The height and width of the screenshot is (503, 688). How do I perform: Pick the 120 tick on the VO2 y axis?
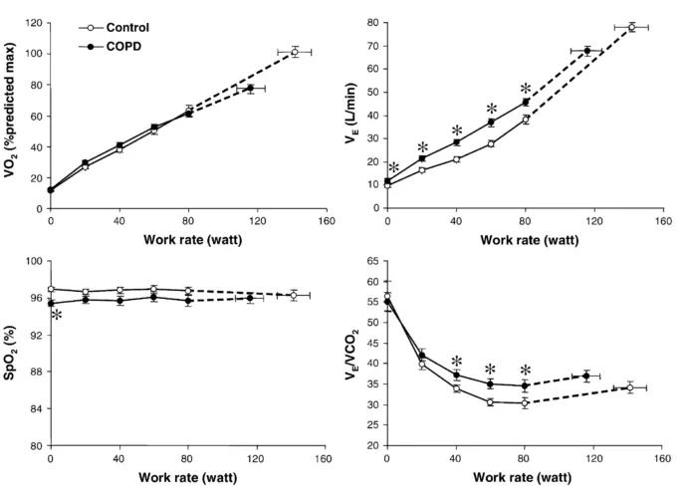click(32, 22)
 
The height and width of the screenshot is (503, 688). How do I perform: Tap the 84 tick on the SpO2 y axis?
click(36, 408)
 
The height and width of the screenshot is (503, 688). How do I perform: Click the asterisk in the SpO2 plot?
click(57, 316)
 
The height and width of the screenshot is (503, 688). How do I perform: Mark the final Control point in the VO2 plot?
click(295, 51)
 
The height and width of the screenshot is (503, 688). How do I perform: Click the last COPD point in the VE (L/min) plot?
click(587, 51)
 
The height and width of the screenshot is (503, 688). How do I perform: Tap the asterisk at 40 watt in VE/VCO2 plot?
click(457, 362)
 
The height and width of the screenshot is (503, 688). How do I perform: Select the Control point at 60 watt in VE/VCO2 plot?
click(491, 402)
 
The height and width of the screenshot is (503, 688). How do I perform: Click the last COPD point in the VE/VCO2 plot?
click(587, 376)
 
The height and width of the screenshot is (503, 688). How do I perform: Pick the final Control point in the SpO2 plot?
click(295, 295)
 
